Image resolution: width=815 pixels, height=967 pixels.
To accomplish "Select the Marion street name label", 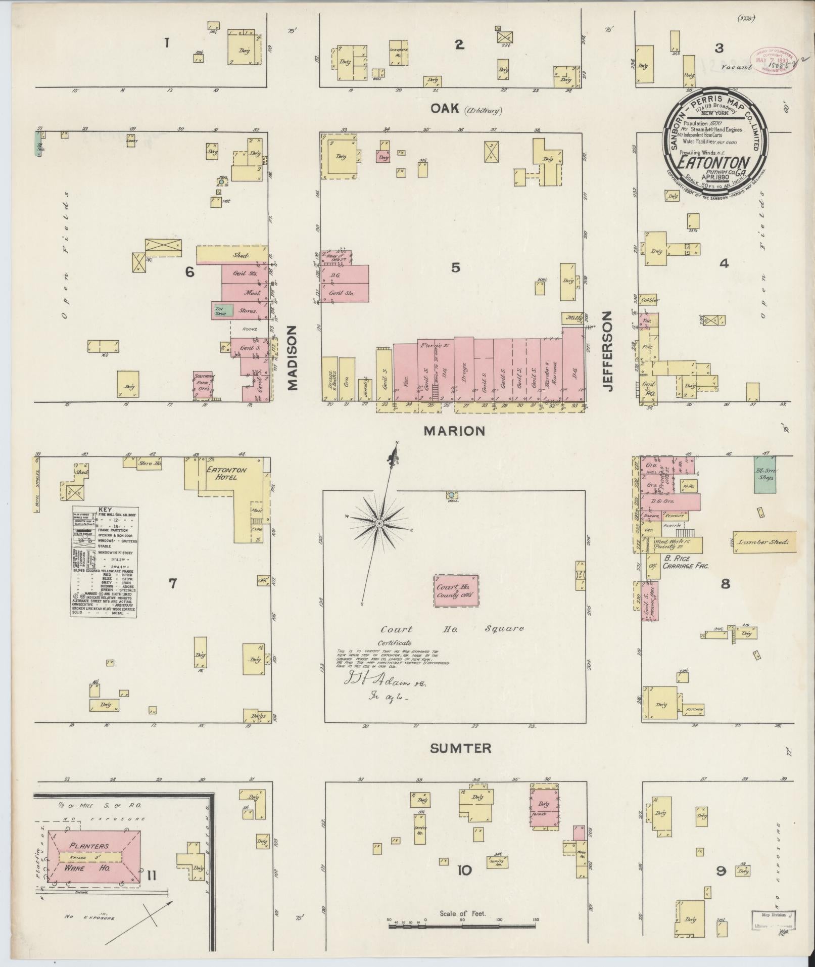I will (x=454, y=431).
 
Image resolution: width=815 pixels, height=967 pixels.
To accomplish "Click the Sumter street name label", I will (x=460, y=748).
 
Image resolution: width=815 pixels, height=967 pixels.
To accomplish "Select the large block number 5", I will (x=456, y=267).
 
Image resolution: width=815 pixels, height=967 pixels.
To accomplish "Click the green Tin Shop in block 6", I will (x=223, y=310).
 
